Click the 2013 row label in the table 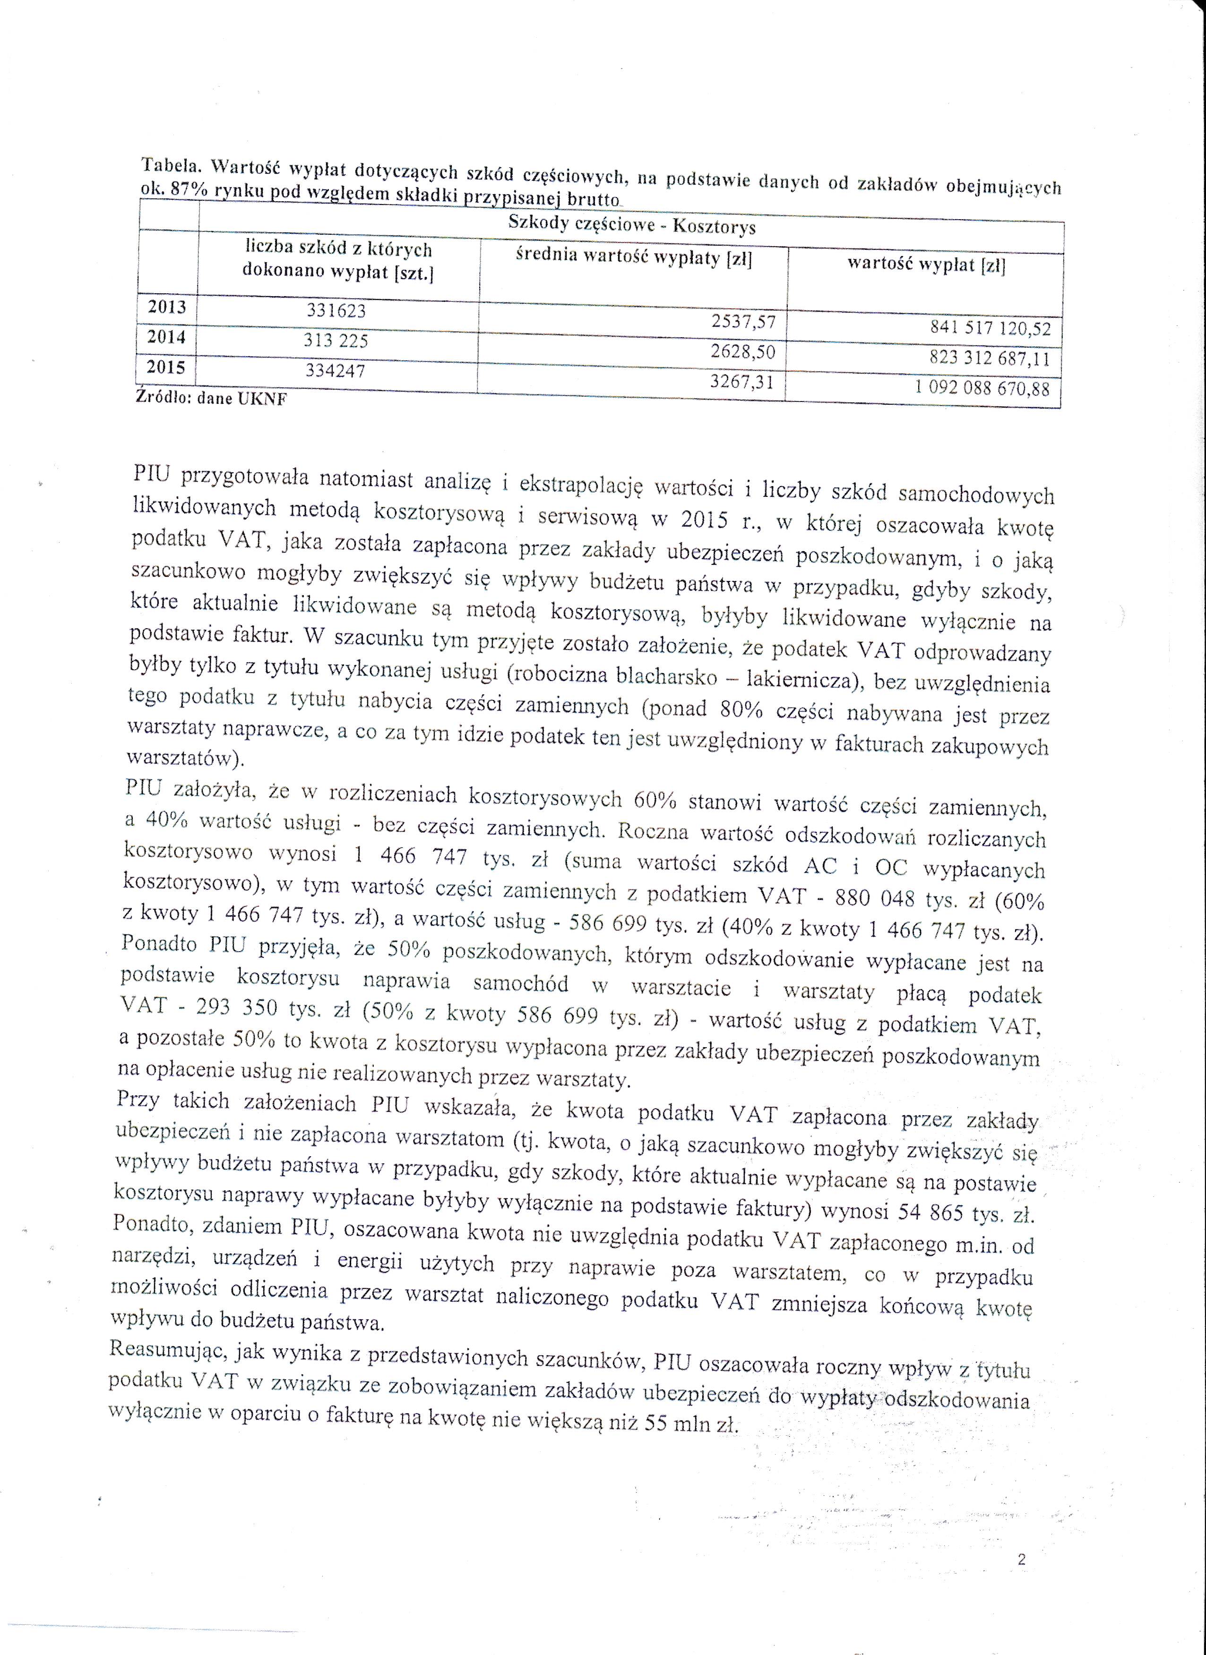point(167,307)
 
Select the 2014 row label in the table point(166,337)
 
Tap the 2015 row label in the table point(166,367)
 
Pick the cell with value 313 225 point(336,341)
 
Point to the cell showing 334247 point(335,371)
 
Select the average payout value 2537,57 point(743,322)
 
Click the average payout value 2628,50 point(742,352)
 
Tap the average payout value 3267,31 point(742,382)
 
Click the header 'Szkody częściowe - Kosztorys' point(631,225)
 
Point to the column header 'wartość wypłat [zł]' point(926,264)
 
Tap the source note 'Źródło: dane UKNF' point(212,399)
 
